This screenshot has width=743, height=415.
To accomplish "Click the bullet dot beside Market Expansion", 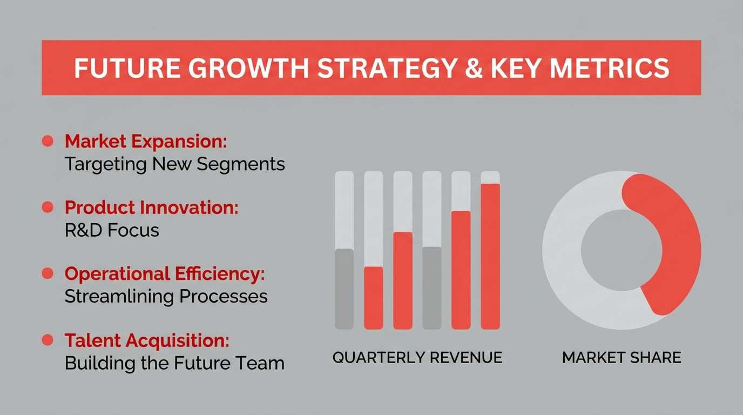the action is click(48, 141).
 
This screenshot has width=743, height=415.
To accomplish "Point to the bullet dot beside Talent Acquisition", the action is click(48, 340).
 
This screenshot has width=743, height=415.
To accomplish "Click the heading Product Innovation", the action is click(152, 207).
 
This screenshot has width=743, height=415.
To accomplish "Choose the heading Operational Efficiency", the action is click(165, 274).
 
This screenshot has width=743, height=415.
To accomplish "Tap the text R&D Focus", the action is click(112, 230).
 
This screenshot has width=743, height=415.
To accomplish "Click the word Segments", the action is click(241, 164).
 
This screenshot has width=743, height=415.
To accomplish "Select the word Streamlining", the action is click(119, 296).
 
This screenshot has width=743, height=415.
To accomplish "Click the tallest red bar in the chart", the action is click(490, 257).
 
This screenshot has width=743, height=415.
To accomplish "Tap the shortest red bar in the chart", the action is click(374, 298).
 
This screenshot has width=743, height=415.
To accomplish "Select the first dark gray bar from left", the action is click(345, 289).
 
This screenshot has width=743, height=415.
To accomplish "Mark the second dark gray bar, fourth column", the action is click(432, 288).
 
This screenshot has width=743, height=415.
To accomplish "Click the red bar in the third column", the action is click(403, 280).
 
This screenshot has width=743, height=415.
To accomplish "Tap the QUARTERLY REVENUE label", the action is click(417, 358).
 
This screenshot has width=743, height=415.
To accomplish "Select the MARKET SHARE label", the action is click(622, 358).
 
